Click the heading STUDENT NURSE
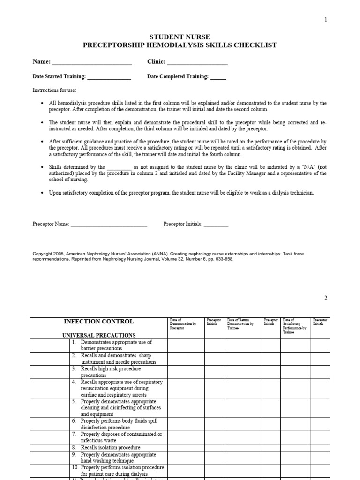click(x=180, y=37)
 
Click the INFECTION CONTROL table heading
click(x=98, y=322)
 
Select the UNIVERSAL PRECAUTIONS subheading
click(x=99, y=335)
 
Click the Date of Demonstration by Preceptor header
click(x=184, y=324)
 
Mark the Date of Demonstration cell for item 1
click(x=186, y=345)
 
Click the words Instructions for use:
click(x=54, y=90)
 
